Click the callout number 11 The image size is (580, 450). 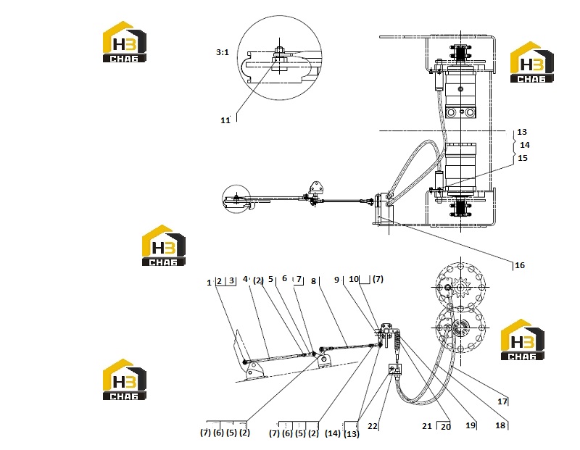point(225,120)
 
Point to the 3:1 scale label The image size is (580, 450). point(223,52)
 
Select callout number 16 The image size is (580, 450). point(520,265)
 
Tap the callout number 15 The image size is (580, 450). point(522,158)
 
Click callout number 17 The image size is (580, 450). point(502,401)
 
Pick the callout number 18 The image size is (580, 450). point(500,425)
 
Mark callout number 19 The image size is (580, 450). point(470,425)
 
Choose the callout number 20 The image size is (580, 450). point(446,427)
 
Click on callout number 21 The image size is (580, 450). point(427,426)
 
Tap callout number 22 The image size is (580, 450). point(373,426)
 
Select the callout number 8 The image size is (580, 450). point(313,281)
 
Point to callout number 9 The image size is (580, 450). point(336,280)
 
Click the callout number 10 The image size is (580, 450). point(354,279)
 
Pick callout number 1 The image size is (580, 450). point(209,283)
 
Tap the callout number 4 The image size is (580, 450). point(245,279)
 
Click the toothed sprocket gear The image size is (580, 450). point(460,288)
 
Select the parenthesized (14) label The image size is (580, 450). point(333,433)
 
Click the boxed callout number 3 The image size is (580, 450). point(231,280)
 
